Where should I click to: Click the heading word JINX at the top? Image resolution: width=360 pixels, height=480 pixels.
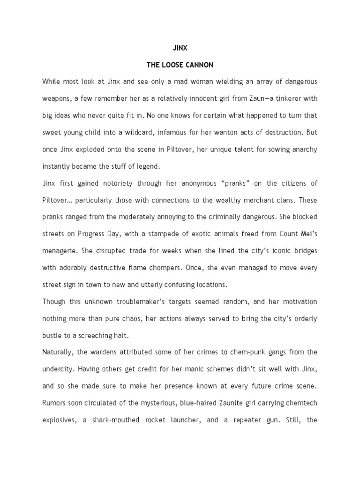tap(180, 47)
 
